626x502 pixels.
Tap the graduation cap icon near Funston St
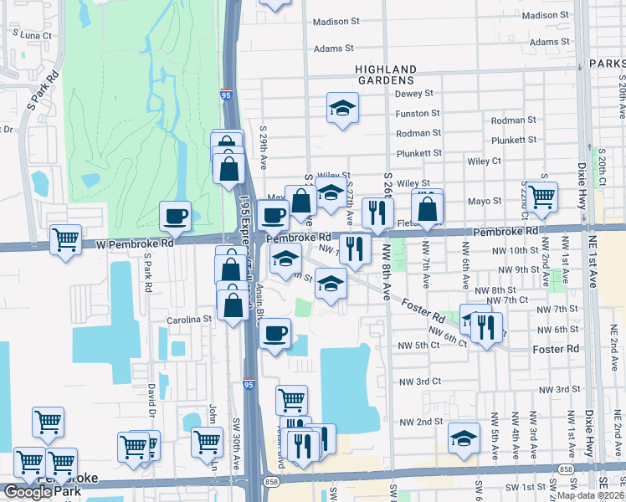341,108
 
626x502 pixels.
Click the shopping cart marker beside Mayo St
542,197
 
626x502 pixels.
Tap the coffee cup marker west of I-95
176,218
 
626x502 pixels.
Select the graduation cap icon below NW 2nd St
464,439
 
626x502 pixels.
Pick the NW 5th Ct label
419,346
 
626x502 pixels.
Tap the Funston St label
418,113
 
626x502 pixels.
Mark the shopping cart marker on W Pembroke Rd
65,240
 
